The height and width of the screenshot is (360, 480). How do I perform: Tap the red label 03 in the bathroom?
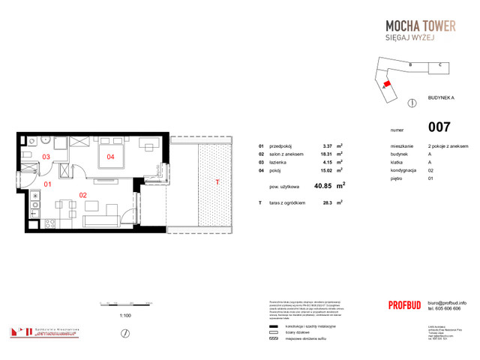tap(46, 157)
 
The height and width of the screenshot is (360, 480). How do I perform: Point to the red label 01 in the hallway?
tap(46, 183)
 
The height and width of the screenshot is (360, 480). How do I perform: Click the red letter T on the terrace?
tap(217, 182)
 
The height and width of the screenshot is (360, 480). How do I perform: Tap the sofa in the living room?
tap(102, 220)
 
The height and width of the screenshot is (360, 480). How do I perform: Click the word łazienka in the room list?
tap(279, 161)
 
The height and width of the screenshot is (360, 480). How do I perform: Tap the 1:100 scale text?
tap(125, 316)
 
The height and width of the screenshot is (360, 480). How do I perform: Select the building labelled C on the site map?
tap(438, 66)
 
